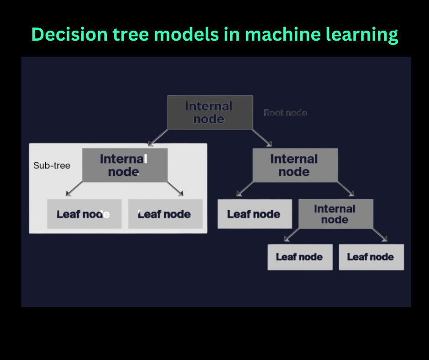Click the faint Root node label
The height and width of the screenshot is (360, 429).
[285, 113]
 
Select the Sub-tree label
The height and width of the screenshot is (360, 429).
[52, 165]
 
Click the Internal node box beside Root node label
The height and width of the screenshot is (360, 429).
[209, 112]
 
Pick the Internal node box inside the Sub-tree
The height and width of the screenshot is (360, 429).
[125, 165]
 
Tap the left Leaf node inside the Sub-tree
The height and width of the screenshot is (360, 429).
[84, 214]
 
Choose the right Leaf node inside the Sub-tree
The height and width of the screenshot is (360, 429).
[165, 214]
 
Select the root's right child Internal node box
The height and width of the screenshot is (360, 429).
[295, 165]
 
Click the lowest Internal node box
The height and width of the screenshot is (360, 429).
[335, 214]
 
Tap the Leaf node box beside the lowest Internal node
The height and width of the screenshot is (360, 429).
[254, 214]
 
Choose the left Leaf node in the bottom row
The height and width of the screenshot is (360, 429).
[300, 257]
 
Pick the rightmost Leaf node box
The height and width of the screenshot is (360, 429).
[371, 257]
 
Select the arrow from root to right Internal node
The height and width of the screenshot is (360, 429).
[262, 138]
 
